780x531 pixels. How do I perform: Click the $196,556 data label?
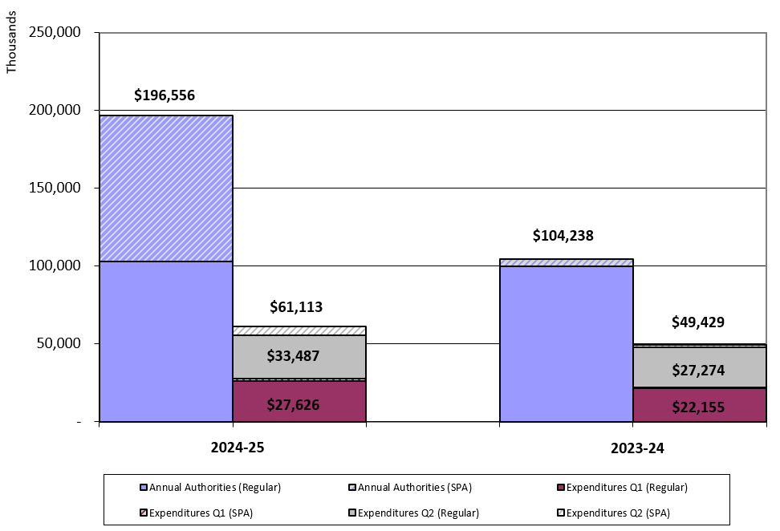[165, 95]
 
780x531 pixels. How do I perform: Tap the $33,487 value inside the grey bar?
[299, 356]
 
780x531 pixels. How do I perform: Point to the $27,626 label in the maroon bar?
[299, 404]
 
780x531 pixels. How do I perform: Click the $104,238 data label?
[563, 236]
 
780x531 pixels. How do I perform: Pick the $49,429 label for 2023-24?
[697, 322]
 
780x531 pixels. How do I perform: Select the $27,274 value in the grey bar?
[699, 371]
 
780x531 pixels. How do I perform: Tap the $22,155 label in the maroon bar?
[699, 407]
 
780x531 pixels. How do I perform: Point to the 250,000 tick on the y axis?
[55, 32]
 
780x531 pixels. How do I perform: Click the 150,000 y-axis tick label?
[55, 188]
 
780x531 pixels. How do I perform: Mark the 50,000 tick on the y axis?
[58, 343]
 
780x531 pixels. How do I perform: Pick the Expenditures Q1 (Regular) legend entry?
[626, 487]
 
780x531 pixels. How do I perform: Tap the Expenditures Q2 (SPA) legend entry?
[617, 513]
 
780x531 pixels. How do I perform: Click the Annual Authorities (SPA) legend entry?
[414, 487]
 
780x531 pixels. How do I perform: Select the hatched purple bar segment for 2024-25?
[166, 188]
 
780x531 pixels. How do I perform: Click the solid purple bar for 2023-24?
[566, 343]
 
